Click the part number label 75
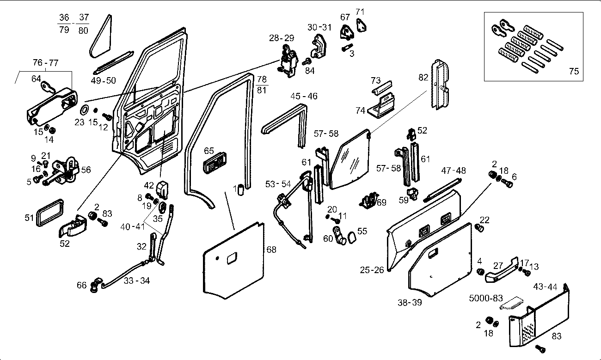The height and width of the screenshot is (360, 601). [x=574, y=71]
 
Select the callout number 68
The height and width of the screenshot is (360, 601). [x=271, y=250]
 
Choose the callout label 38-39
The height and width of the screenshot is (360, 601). [x=410, y=303]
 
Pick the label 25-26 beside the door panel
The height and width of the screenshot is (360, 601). [x=372, y=269]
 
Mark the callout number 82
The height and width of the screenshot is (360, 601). [x=423, y=78]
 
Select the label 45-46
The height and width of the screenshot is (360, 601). [x=304, y=96]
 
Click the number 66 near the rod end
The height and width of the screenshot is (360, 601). [x=82, y=285]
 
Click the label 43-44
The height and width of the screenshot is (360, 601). [x=545, y=287]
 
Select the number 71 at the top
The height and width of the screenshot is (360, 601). [x=360, y=11]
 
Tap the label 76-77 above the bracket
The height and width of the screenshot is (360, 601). [x=45, y=63]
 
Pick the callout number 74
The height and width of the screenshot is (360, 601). [x=361, y=111]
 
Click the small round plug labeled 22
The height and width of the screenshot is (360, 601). [x=479, y=228]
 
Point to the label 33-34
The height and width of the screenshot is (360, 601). [x=137, y=280]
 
